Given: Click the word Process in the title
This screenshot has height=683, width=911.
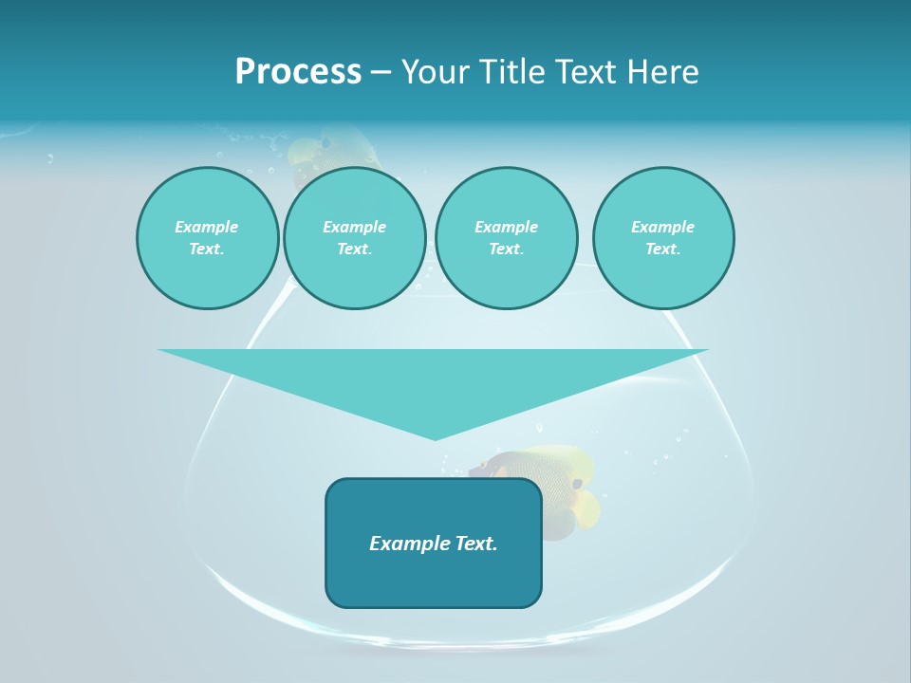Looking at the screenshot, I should coord(298,72).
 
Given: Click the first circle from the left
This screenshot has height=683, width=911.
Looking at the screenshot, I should coord(208,238).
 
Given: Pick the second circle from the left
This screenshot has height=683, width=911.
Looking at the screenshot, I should coord(355,238).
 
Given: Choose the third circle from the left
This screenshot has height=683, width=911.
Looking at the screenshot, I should coord(506,238).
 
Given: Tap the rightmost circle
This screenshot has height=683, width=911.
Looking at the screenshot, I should coord(663,238).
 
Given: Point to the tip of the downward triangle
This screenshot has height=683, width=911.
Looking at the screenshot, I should coord(435,439).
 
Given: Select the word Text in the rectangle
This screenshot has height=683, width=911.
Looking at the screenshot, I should coord(476,544).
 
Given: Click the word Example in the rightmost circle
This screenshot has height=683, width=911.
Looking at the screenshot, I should coord(662,227).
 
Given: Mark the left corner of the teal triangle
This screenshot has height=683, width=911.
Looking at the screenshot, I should coord(159,350).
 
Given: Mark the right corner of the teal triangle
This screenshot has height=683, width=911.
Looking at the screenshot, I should coord(707,350).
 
